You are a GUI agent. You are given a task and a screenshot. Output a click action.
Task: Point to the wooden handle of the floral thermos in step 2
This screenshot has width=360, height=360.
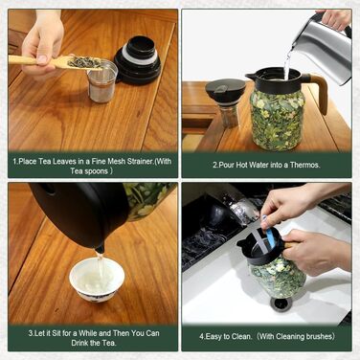point(319,91)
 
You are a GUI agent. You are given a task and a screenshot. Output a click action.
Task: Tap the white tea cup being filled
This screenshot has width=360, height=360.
point(97,280)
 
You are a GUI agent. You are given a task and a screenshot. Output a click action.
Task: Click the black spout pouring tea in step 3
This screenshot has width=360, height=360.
point(100,247)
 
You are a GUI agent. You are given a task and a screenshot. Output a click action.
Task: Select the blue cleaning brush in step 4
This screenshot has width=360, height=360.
point(269,232)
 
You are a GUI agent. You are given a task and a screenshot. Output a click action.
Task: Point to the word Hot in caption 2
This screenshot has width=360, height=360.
point(242,165)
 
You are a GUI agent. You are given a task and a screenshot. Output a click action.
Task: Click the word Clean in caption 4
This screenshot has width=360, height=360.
point(240,336)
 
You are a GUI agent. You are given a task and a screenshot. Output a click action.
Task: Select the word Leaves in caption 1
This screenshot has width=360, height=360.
point(63,161)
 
